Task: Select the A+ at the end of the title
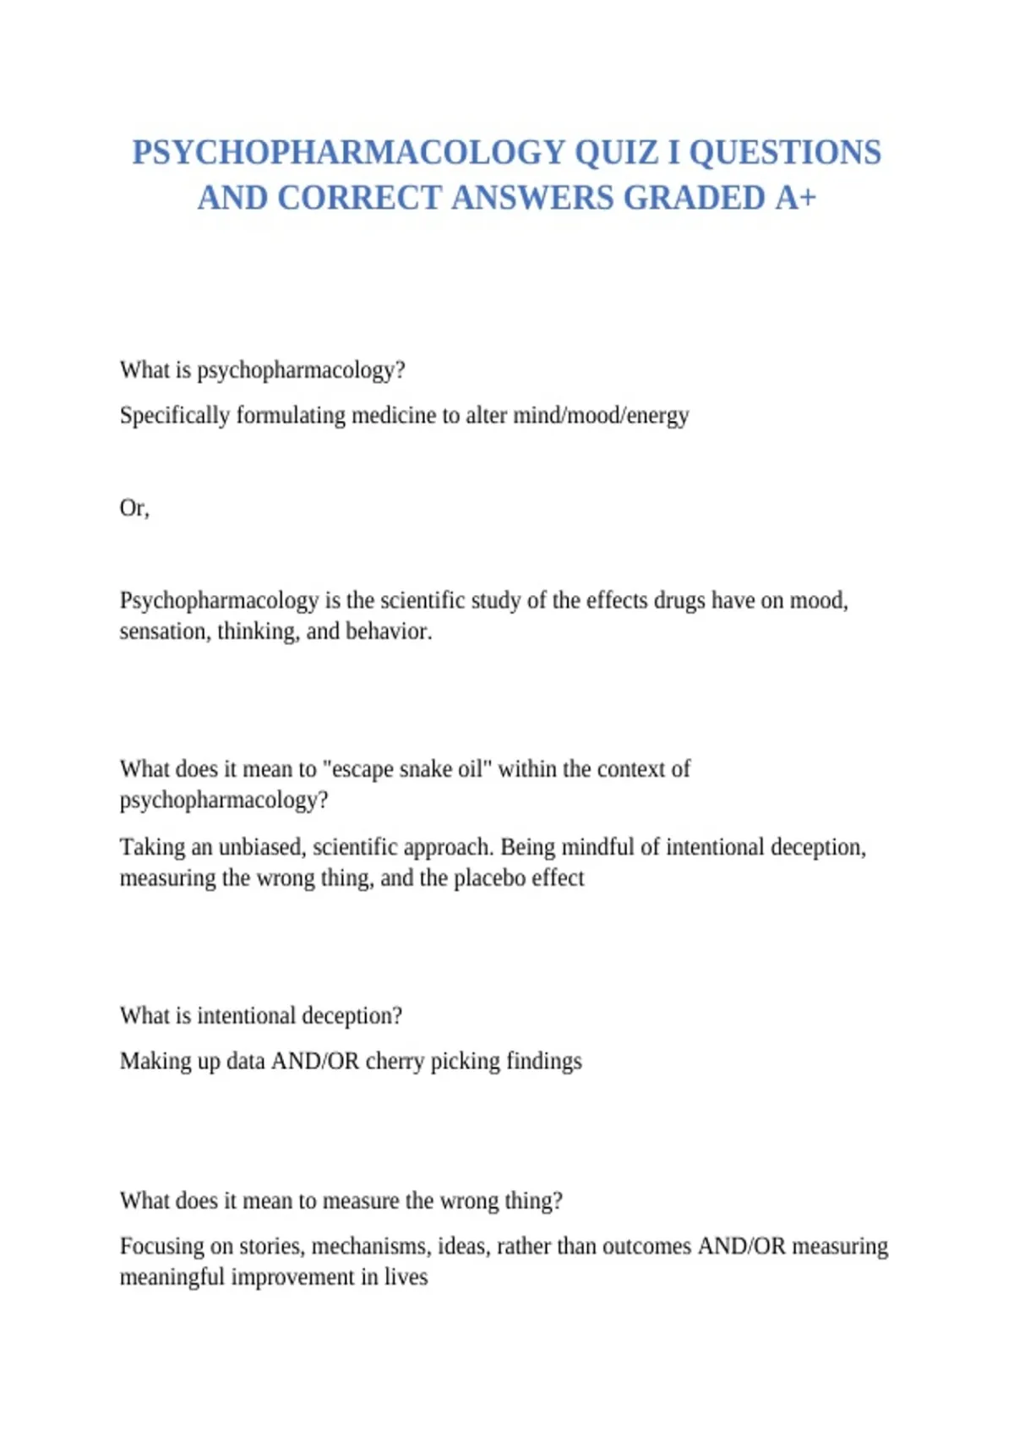[796, 198]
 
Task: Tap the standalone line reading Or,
[134, 508]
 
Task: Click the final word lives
[406, 1277]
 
